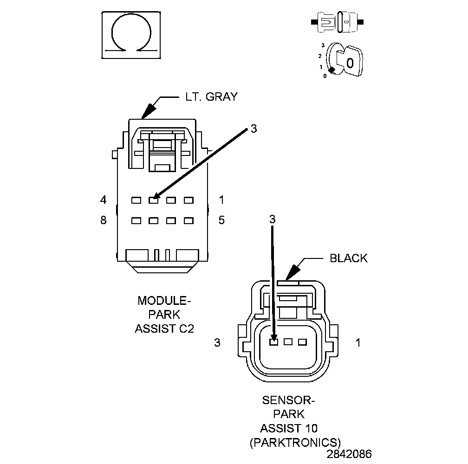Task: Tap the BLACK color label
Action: pyautogui.click(x=348, y=258)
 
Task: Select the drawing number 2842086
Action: pyautogui.click(x=348, y=453)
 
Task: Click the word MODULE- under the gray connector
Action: pyautogui.click(x=164, y=301)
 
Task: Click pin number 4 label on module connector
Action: pyautogui.click(x=103, y=200)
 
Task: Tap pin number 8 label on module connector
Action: pyautogui.click(x=103, y=220)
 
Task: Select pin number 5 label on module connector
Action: pyautogui.click(x=221, y=220)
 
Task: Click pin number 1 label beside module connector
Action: pyautogui.click(x=221, y=200)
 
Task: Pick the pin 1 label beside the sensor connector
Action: pyautogui.click(x=357, y=343)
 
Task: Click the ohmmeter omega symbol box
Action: pyautogui.click(x=132, y=35)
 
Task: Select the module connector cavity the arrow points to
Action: pyautogui.click(x=154, y=200)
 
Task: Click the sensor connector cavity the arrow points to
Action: pyautogui.click(x=273, y=342)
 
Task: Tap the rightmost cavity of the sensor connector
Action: pyautogui.click(x=303, y=342)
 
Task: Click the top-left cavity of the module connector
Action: pyautogui.click(x=136, y=200)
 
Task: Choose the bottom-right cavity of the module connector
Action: pyautogui.click(x=188, y=220)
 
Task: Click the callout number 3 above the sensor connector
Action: pyautogui.click(x=273, y=219)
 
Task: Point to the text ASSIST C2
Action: pyautogui.click(x=164, y=329)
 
